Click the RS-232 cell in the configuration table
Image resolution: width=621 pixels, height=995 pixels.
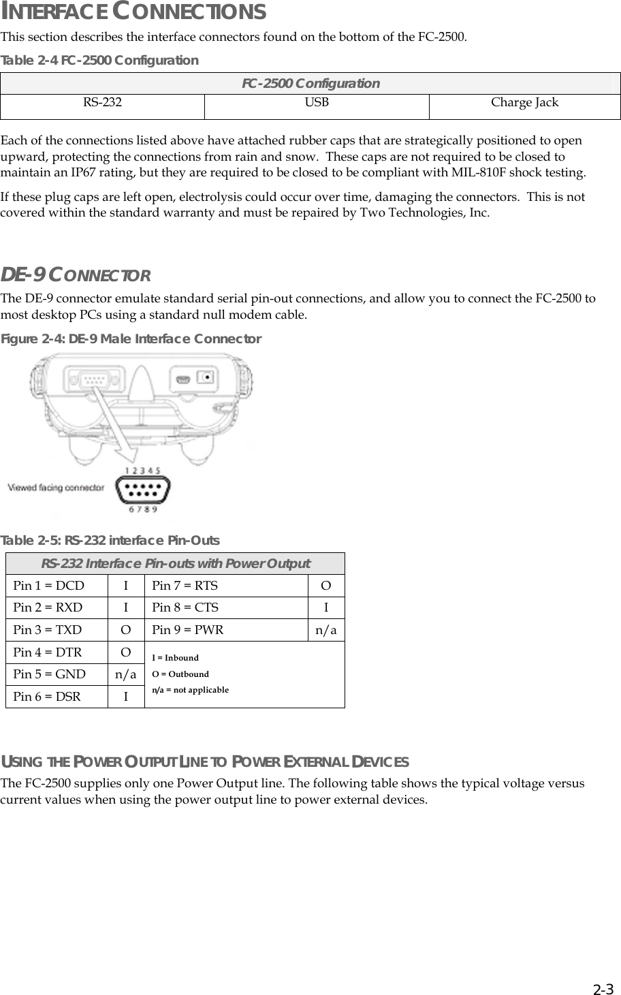pos(103,103)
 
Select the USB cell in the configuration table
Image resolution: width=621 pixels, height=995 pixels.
pos(317,103)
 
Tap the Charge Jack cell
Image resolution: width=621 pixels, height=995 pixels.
pos(524,103)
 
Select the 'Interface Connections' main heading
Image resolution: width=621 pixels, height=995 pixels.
pos(133,12)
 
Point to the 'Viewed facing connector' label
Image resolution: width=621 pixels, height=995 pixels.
pos(56,488)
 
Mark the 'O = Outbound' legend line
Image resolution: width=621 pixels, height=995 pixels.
pos(180,674)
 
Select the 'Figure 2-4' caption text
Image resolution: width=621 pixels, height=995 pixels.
pos(131,339)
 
